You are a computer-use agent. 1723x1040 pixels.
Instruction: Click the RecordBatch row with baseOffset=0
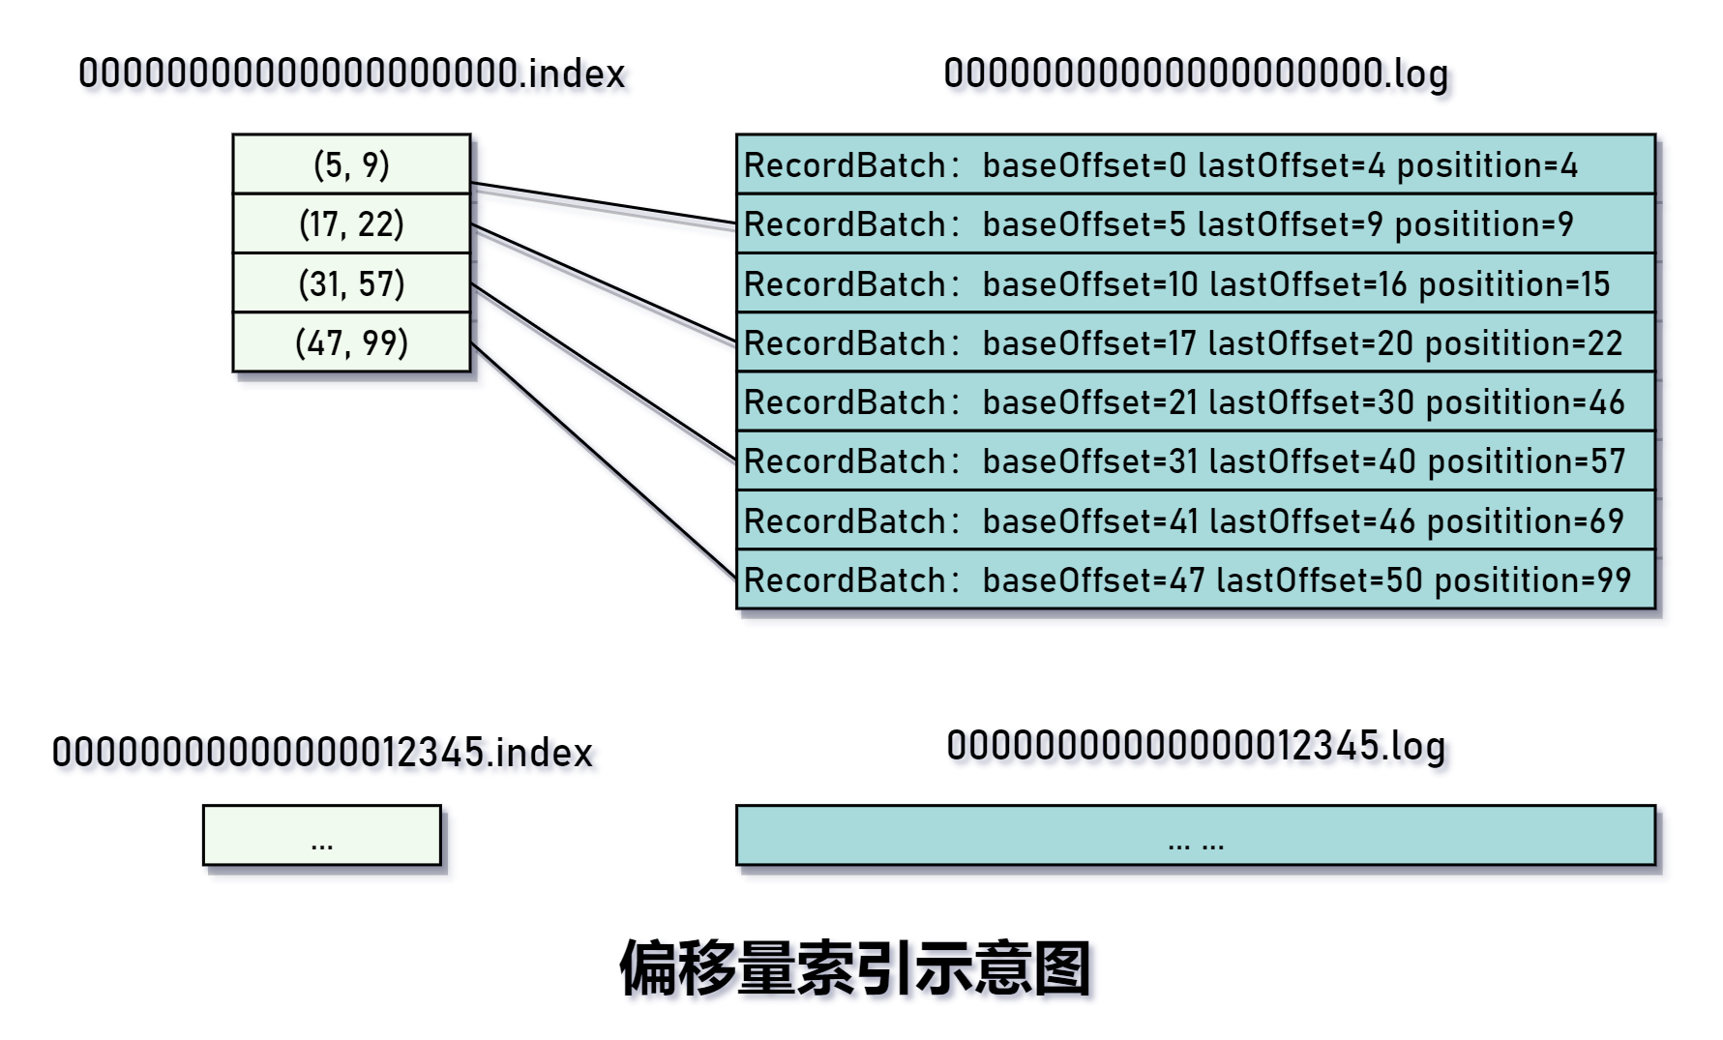coord(1195,164)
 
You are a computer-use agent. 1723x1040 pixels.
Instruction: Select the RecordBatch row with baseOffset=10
coord(1195,283)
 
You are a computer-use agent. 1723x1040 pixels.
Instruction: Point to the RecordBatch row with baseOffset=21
coord(1195,402)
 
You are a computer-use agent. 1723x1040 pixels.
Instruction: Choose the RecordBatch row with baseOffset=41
coord(1195,520)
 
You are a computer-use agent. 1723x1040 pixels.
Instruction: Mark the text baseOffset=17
coord(1088,343)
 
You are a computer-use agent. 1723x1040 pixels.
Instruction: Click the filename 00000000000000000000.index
coord(351,74)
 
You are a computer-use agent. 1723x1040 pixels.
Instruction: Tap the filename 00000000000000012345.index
coord(322,753)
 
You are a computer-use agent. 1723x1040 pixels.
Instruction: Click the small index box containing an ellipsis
coord(321,835)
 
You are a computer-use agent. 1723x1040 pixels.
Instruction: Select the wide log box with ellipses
coord(1195,835)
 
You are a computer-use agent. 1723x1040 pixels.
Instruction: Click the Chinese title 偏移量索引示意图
coord(855,967)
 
